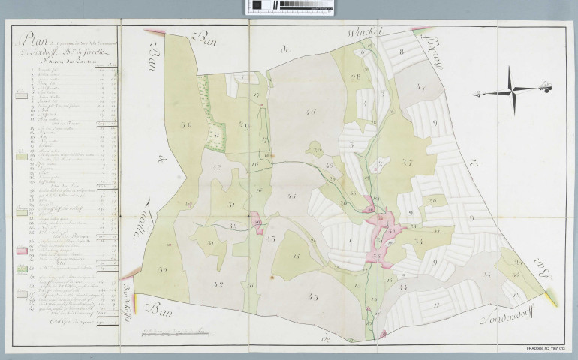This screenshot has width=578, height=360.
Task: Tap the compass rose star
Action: (x=512, y=91)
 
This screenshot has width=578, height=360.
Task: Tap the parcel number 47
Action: (x=420, y=88)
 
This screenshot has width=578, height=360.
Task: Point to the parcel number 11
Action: (x=436, y=304)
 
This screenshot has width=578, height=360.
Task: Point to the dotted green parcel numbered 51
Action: (x=216, y=134)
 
